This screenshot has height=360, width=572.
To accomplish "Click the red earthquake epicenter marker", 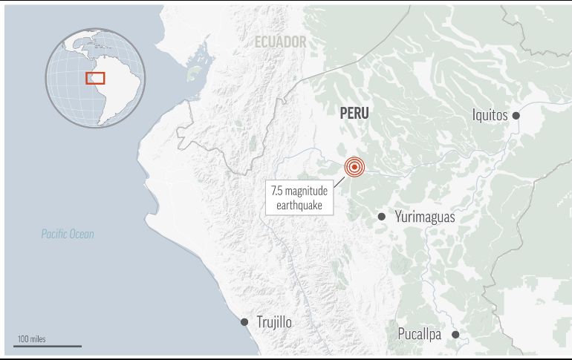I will coord(354,167).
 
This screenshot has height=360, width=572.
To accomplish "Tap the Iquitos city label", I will coord(490,115).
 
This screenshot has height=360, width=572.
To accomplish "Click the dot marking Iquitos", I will coord(516,116).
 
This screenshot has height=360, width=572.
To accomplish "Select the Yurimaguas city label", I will coord(424,217).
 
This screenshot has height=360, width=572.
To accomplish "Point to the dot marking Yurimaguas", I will coord(381,217).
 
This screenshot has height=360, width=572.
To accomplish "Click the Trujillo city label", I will coord(273,322).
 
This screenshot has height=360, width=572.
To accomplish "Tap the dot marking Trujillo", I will coord(244,322).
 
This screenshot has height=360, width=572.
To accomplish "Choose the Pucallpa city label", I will coord(419,334).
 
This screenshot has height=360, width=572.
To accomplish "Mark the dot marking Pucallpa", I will coord(455,335).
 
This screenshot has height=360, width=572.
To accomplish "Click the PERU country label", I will coord(354,113).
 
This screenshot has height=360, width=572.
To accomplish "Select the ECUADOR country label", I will coord(280,42).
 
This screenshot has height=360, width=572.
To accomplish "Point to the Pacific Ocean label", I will coord(68,235).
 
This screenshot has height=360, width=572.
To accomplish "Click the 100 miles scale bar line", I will coord(48,346).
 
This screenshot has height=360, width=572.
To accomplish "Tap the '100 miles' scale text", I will coord(30,338).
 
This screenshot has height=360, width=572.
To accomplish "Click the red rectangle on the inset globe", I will coord(95,77).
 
